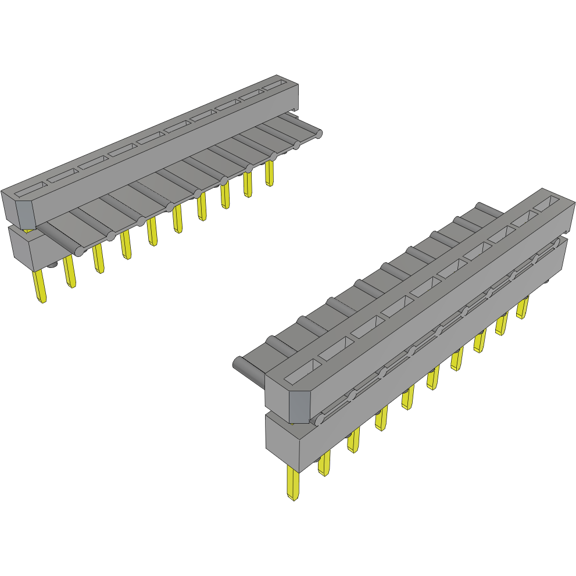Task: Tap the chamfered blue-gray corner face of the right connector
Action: pos(299,407)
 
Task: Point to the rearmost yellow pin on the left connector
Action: pos(269,173)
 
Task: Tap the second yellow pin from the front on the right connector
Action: pos(324,463)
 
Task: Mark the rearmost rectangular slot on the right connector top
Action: pos(545,203)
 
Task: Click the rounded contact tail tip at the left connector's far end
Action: pos(318,135)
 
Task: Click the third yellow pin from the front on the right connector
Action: pos(353,442)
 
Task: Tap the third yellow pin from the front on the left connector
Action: pos(98,258)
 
